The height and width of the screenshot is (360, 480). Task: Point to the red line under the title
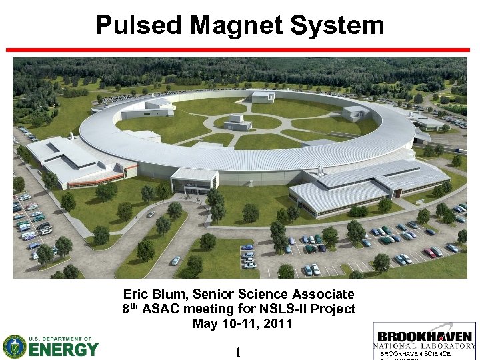[239, 50]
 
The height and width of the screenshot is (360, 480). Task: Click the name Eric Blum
[149, 294]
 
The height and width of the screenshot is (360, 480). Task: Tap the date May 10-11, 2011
[242, 324]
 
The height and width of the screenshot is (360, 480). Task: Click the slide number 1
[238, 353]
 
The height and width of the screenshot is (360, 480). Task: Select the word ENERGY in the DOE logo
[64, 349]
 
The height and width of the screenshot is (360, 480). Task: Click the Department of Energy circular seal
[14, 346]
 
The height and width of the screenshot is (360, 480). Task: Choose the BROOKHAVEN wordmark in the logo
[425, 336]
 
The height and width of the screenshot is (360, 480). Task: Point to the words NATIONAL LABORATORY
[425, 346]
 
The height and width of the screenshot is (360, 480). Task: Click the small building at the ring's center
[238, 122]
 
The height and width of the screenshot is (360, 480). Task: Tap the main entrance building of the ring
[194, 181]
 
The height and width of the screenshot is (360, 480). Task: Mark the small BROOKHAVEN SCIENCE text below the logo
[415, 354]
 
